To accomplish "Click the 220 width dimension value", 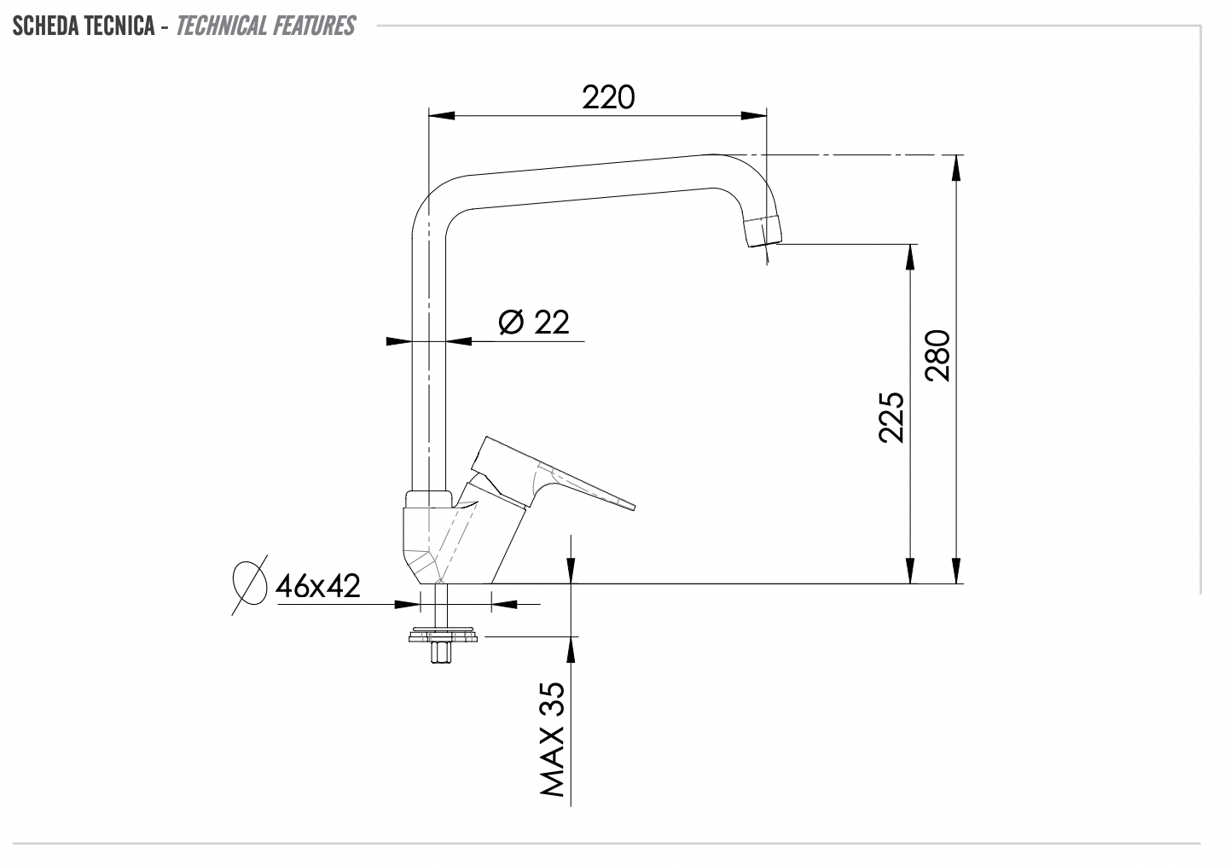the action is coord(608,98).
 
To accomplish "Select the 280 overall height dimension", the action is coord(937,356).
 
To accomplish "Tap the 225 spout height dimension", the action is coord(891,417).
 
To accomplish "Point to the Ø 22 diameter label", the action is coord(534,322).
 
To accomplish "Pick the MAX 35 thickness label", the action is coord(553,739).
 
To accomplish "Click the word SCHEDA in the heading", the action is coord(45,26).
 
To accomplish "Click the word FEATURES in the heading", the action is coord(314,26).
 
